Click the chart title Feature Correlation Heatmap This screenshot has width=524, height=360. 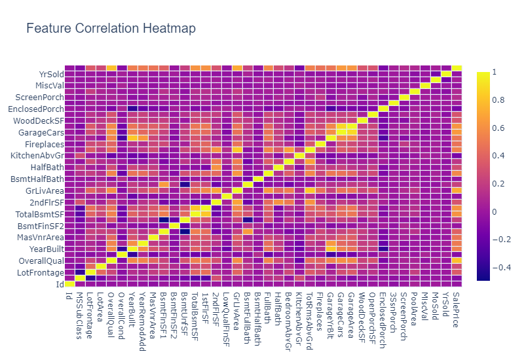[x=111, y=29]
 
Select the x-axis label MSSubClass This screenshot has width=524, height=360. [x=80, y=313]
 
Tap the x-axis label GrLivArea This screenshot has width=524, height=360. [x=236, y=309]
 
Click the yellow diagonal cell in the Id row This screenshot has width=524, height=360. [x=69, y=283]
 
